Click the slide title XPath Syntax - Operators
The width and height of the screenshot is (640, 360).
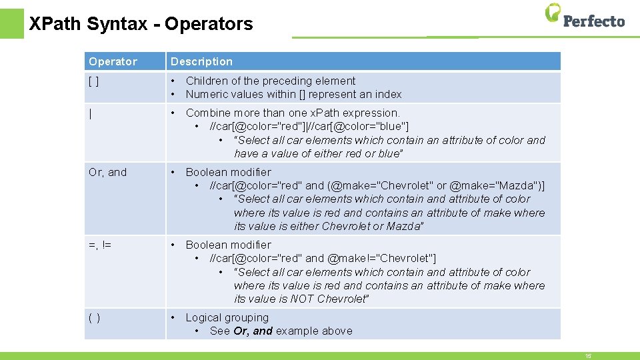pyautogui.click(x=141, y=24)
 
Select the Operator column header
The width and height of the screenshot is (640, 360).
pyautogui.click(x=113, y=61)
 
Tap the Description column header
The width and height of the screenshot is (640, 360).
pyautogui.click(x=201, y=61)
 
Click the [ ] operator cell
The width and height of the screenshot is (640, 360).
pyautogui.click(x=95, y=81)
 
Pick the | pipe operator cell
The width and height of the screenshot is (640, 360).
pyautogui.click(x=91, y=113)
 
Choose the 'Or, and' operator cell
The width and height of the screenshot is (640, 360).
pyautogui.click(x=107, y=172)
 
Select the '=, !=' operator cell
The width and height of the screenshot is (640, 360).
pyautogui.click(x=100, y=245)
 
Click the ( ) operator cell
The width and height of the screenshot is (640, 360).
pyautogui.click(x=95, y=317)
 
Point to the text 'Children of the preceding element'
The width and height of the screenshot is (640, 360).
pyautogui.click(x=271, y=81)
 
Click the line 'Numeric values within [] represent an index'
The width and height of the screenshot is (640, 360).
pyautogui.click(x=293, y=94)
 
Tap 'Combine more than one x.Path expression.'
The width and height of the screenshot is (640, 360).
pyautogui.click(x=293, y=113)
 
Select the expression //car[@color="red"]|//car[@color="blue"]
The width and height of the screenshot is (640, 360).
pyautogui.click(x=309, y=126)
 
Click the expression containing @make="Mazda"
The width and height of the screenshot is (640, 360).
pyautogui.click(x=377, y=185)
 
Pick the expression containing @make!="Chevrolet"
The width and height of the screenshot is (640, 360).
pyautogui.click(x=323, y=258)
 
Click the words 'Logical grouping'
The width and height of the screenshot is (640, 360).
pyautogui.click(x=227, y=317)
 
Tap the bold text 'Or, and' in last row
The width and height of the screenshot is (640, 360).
pyautogui.click(x=253, y=331)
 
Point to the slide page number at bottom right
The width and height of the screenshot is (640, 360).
pyautogui.click(x=588, y=356)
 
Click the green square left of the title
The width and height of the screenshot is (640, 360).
pyautogui.click(x=11, y=23)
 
